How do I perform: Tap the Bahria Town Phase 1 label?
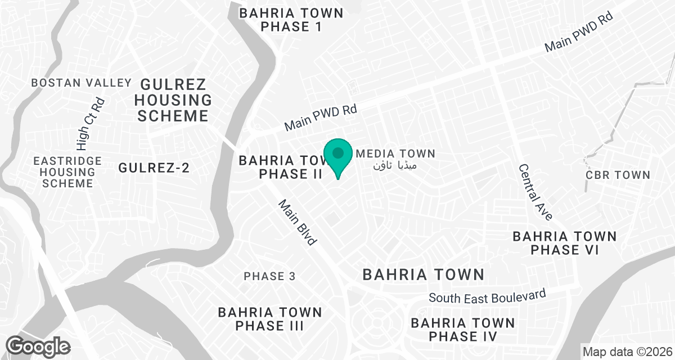point(291,20)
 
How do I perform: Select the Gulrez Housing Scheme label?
point(174,101)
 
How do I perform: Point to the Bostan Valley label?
point(82,83)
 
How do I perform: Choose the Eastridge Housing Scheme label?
point(67,172)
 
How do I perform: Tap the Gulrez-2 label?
point(154,168)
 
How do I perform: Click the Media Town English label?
point(396,154)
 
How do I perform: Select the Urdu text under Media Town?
point(396,165)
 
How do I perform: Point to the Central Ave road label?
point(535,192)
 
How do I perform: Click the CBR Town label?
point(618,175)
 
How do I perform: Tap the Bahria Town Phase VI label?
point(564,243)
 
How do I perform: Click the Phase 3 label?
point(269,276)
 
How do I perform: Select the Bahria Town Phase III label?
point(270,319)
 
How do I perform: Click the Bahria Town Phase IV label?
point(462,330)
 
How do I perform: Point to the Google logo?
point(38,345)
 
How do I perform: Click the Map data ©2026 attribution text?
point(627,352)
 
